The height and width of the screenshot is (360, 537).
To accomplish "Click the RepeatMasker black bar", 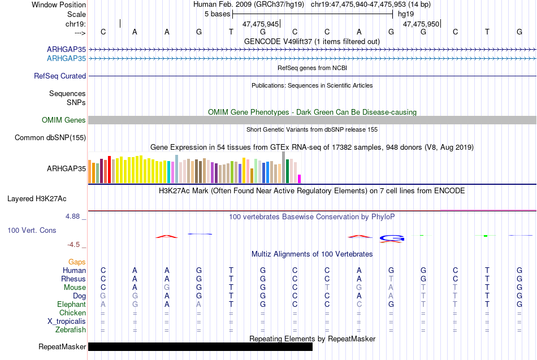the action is tap(200, 346).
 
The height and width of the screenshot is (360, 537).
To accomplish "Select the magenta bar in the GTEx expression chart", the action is tap(300, 179).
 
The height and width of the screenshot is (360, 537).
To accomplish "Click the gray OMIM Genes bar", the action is tap(313, 120).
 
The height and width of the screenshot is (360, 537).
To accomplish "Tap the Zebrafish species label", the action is tap(71, 330).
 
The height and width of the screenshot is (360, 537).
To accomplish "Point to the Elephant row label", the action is tap(72, 305).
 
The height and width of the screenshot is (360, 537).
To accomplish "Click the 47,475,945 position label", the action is tap(261, 24).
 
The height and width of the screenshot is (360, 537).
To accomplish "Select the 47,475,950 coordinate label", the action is tap(421, 24).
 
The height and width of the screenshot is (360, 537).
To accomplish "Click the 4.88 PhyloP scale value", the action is tap(72, 216).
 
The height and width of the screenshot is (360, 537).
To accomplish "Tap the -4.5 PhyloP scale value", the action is tap(73, 245).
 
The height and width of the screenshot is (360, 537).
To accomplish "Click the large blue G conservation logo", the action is tap(392, 238).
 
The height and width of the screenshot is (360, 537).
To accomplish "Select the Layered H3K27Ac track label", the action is tap(37, 199).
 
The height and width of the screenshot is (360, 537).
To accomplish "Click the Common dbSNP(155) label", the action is tap(50, 138).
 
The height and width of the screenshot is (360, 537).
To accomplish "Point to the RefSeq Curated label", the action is tap(60, 76).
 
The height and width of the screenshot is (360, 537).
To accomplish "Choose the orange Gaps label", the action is tap(77, 262).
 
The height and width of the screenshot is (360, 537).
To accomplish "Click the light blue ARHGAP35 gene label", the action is tap(67, 59).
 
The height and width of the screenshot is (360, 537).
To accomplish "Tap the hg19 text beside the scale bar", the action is tap(406, 14).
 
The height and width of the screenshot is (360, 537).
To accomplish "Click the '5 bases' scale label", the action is tap(218, 14).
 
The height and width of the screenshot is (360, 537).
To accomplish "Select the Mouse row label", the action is tap(75, 288).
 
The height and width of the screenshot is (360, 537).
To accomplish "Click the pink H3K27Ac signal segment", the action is tap(488, 210).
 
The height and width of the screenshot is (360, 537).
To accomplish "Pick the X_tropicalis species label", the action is tap(67, 322).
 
